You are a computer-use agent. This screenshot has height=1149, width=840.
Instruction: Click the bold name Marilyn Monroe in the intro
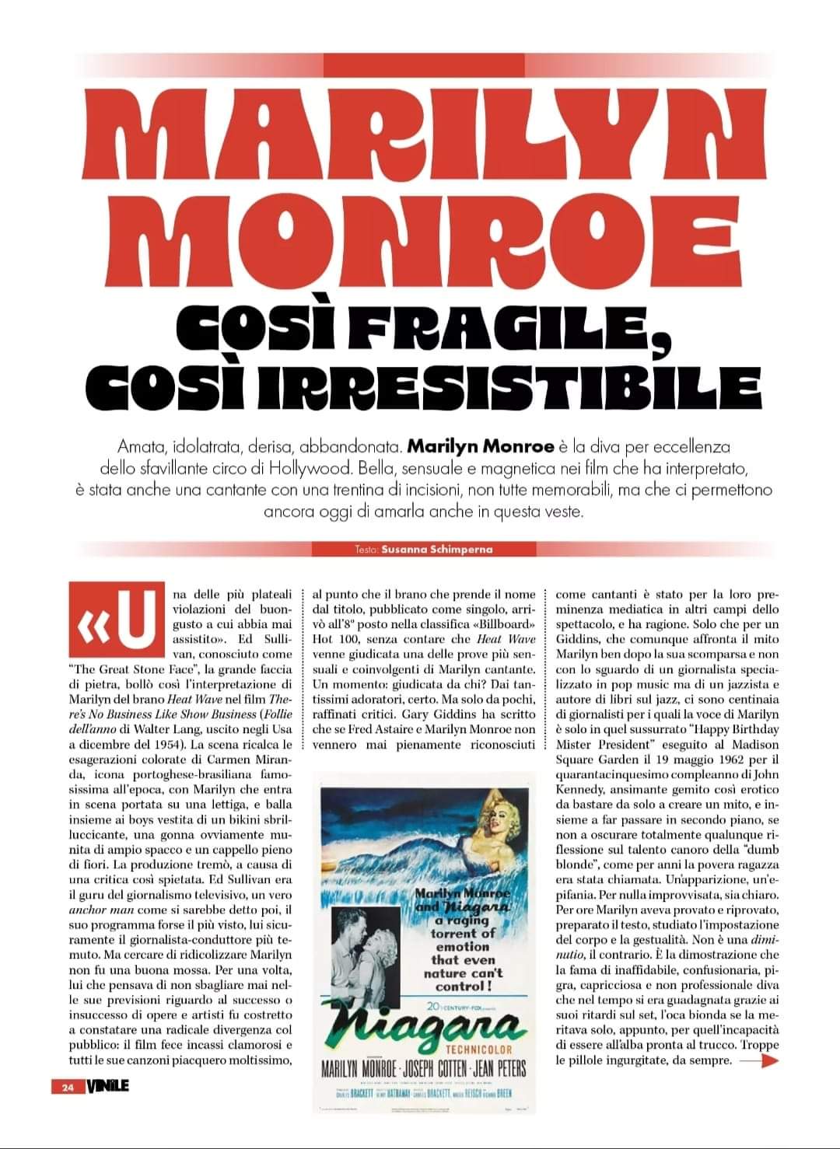481,448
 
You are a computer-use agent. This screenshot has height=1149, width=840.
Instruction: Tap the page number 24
68,1087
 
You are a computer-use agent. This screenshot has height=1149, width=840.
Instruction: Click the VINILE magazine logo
108,1086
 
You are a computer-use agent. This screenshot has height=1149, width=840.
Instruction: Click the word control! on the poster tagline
462,986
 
